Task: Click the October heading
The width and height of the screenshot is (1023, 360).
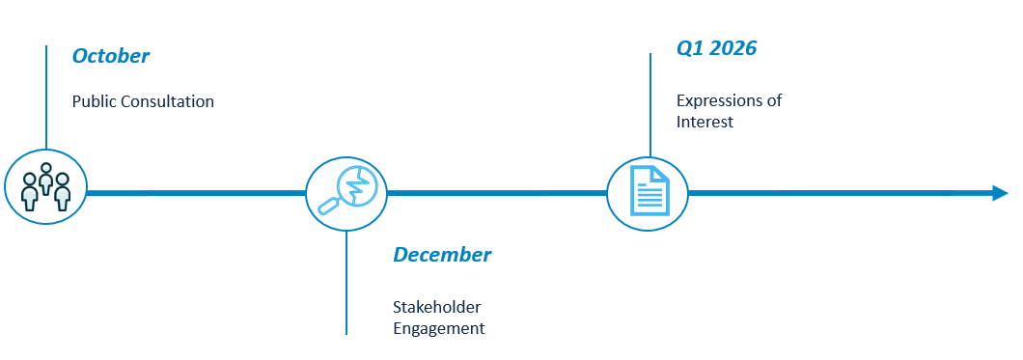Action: pyautogui.click(x=110, y=56)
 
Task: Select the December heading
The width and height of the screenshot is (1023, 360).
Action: pyautogui.click(x=442, y=255)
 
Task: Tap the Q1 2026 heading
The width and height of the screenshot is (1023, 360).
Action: pyautogui.click(x=716, y=48)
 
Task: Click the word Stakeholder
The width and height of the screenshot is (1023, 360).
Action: pyautogui.click(x=436, y=307)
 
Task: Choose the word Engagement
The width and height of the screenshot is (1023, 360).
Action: pyautogui.click(x=438, y=328)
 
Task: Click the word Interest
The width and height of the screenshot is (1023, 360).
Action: pyautogui.click(x=705, y=122)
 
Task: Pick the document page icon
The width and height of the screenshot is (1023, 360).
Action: pyautogui.click(x=650, y=190)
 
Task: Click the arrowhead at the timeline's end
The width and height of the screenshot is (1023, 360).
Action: pyautogui.click(x=1001, y=193)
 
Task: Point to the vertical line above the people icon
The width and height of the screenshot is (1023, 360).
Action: pyautogui.click(x=46, y=97)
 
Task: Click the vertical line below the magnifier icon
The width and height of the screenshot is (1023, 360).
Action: pyautogui.click(x=346, y=283)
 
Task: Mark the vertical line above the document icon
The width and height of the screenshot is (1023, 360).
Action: pyautogui.click(x=650, y=105)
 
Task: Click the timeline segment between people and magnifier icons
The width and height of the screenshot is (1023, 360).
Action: pyautogui.click(x=196, y=193)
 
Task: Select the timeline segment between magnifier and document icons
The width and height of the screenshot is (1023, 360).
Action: pyautogui.click(x=497, y=193)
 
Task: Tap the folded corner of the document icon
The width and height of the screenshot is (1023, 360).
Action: pyautogui.click(x=662, y=174)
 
